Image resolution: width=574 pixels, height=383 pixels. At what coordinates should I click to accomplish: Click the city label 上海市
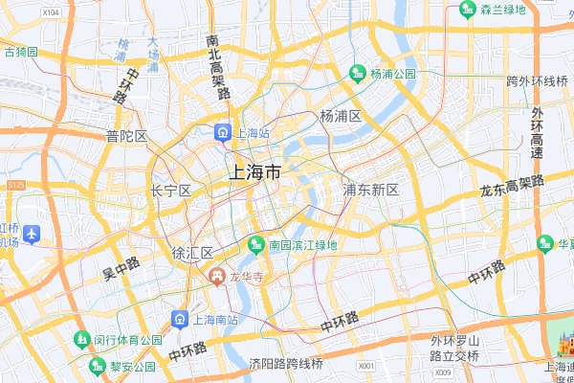pyautogui.click(x=254, y=172)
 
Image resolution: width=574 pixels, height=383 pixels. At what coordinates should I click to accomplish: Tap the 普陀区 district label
pyautogui.click(x=127, y=136)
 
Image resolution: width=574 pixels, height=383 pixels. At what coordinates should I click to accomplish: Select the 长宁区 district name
pyautogui.click(x=171, y=191)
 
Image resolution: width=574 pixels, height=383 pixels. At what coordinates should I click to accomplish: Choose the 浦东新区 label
pyautogui.click(x=370, y=190)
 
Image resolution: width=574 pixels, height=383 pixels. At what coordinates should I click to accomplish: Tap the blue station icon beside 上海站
pyautogui.click(x=222, y=132)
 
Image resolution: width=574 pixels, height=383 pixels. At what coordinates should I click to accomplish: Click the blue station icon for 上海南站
pyautogui.click(x=179, y=319)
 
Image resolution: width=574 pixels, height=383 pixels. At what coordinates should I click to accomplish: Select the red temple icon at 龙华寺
pyautogui.click(x=217, y=277)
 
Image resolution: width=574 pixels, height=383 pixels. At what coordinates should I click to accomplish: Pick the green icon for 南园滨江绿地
pyautogui.click(x=255, y=245)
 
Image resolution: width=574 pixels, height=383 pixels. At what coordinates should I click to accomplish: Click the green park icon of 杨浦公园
pyautogui.click(x=358, y=73)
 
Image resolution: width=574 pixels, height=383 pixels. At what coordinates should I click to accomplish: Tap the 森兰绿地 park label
pyautogui.click(x=502, y=11)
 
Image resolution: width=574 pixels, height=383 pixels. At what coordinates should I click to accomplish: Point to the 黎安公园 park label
pyautogui.click(x=131, y=367)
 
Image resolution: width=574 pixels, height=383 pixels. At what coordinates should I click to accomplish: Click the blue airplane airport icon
pyautogui.click(x=32, y=233)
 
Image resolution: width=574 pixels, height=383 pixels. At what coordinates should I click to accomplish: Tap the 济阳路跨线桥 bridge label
pyautogui.click(x=286, y=364)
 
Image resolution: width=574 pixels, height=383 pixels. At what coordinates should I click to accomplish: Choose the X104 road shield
pyautogui.click(x=51, y=11)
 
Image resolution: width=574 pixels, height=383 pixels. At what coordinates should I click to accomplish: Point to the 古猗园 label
pyautogui.click(x=20, y=51)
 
